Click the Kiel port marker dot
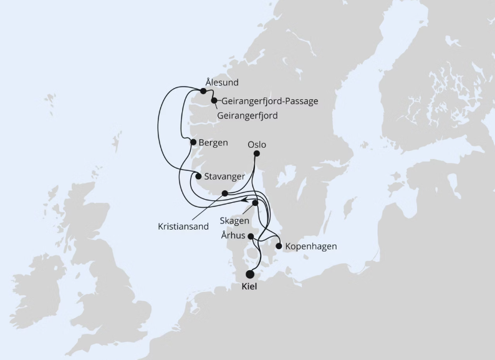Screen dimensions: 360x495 [250, 274]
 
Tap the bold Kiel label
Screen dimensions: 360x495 [249, 288]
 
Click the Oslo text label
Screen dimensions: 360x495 [257, 145]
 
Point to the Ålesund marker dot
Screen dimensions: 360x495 [203, 91]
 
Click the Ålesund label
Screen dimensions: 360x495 [221, 82]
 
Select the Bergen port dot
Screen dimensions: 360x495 [193, 142]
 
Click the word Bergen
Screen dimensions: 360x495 [213, 142]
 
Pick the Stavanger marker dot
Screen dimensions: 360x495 [198, 176]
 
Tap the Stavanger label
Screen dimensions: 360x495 [224, 177]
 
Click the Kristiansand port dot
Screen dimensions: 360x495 [224, 193]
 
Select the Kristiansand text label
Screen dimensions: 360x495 [183, 226]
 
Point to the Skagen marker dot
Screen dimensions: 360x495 [255, 203]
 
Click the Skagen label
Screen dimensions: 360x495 [235, 221]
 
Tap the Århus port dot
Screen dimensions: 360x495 [251, 236]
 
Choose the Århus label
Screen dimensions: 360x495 [233, 235]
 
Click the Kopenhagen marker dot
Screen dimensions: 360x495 [279, 246]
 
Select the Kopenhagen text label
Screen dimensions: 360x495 [310, 246]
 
